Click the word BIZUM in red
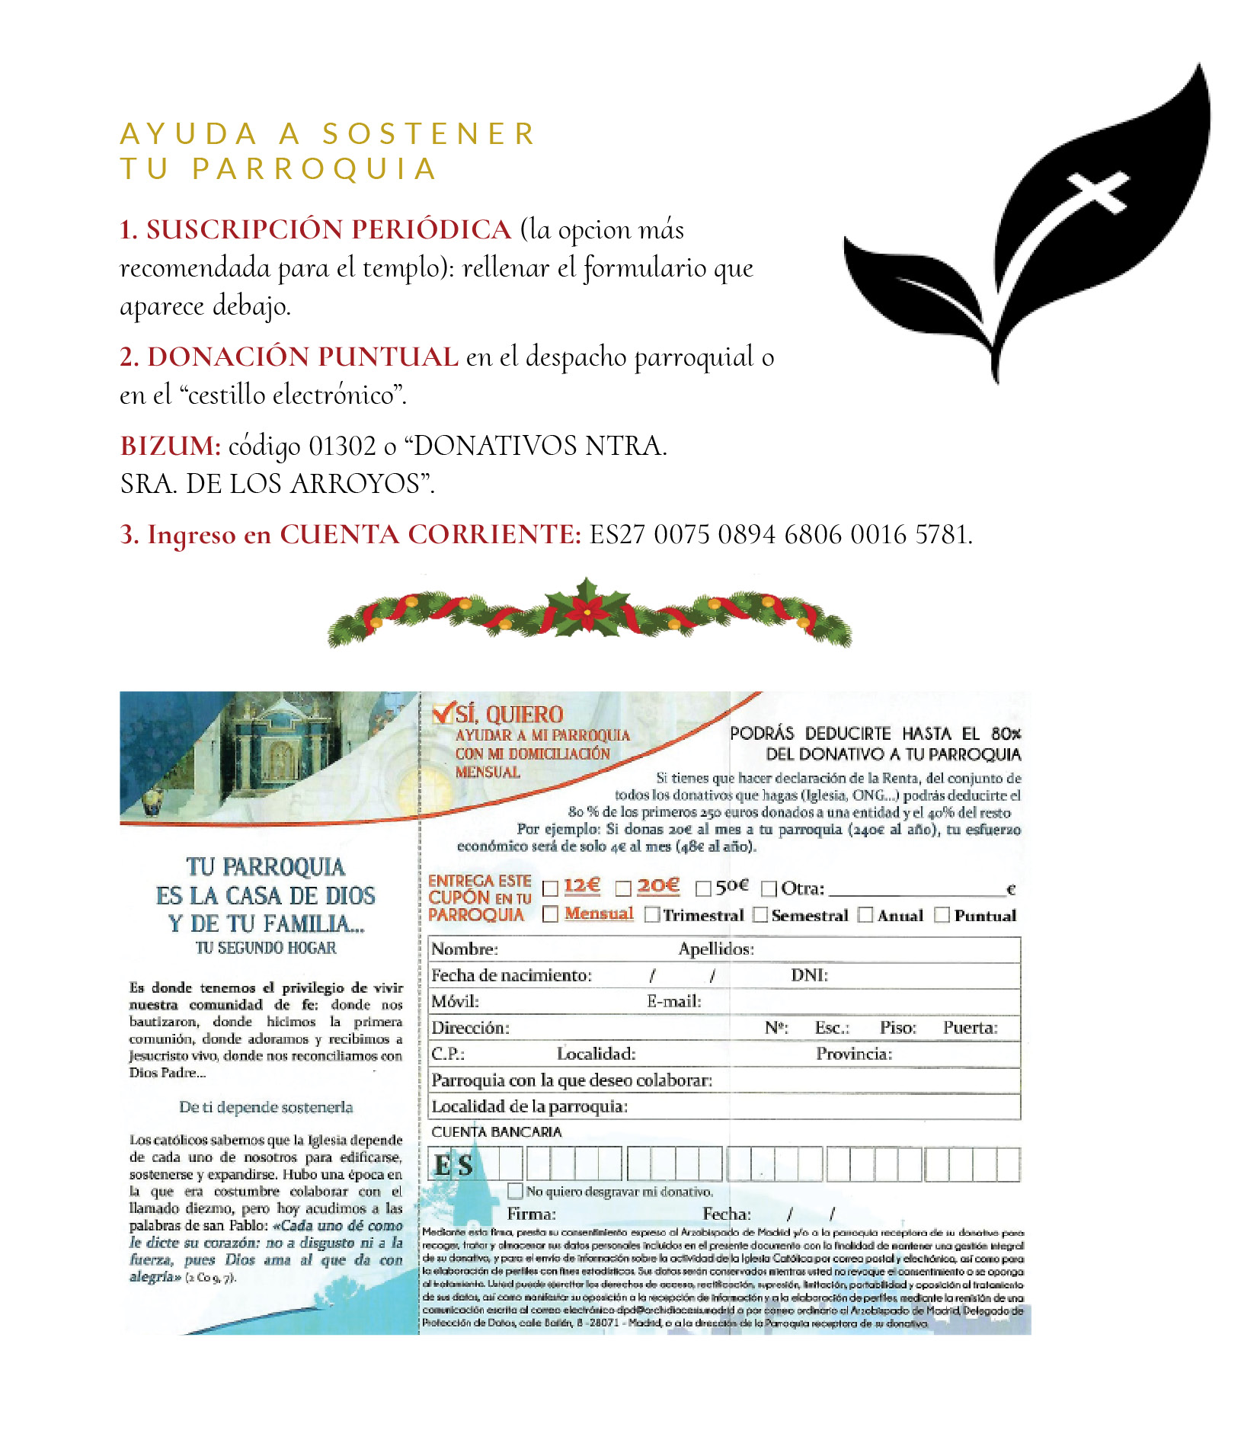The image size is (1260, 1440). click(170, 446)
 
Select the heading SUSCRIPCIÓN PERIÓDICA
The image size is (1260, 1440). click(328, 230)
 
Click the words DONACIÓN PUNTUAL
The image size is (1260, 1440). click(302, 357)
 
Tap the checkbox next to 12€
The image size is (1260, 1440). click(550, 888)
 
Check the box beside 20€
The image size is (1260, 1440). click(623, 888)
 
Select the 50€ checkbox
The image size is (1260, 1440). click(703, 888)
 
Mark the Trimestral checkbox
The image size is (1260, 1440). click(652, 915)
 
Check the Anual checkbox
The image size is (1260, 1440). click(865, 915)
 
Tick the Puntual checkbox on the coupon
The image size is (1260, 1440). click(942, 915)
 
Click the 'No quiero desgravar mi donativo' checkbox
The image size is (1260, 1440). click(516, 1191)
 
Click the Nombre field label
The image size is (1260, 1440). click(464, 949)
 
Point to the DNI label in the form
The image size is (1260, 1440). click(809, 975)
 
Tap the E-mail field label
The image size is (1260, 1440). click(674, 1002)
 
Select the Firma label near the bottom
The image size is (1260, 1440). click(531, 1214)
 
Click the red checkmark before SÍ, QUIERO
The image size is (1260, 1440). click(442, 713)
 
